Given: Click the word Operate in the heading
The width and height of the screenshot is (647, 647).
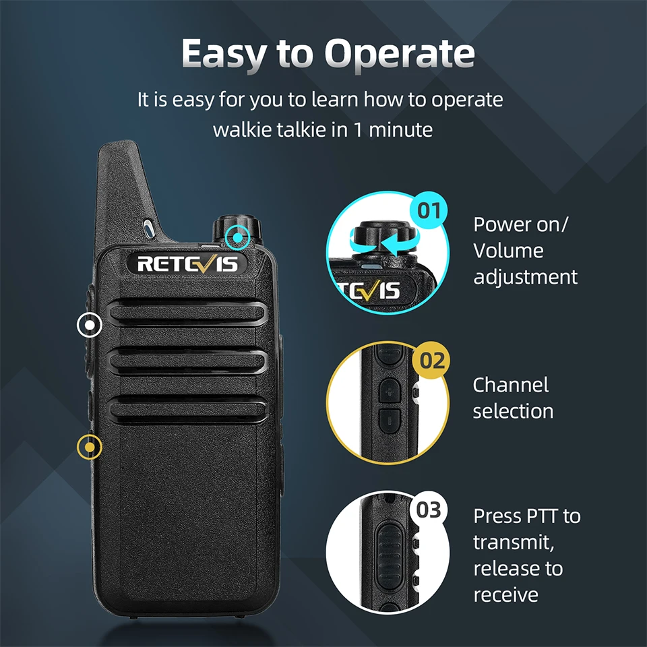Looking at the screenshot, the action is click(x=400, y=55).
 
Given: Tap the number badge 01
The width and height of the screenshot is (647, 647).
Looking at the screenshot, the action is click(x=429, y=210).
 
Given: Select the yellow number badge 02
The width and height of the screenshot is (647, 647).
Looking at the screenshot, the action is click(x=431, y=360).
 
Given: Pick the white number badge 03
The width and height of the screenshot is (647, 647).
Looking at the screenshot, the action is click(x=429, y=510).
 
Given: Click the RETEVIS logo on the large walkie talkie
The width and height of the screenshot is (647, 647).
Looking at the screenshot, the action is click(x=187, y=264).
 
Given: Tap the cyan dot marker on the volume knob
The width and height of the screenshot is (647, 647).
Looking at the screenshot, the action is click(x=238, y=237).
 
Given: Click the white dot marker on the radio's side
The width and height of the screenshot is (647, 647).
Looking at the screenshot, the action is click(x=90, y=325).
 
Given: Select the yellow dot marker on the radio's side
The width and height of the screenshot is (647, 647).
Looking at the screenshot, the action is click(x=90, y=448).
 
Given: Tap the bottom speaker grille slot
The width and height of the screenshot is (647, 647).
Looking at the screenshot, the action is click(x=187, y=410).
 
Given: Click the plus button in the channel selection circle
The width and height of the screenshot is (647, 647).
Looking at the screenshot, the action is click(x=390, y=390).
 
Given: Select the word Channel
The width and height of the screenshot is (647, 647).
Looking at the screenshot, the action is click(x=511, y=385).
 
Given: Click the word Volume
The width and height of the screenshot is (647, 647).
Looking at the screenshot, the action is click(x=508, y=251).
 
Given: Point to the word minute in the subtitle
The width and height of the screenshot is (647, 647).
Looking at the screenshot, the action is click(x=400, y=129).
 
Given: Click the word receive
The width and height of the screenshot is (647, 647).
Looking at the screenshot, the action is click(x=506, y=595).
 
